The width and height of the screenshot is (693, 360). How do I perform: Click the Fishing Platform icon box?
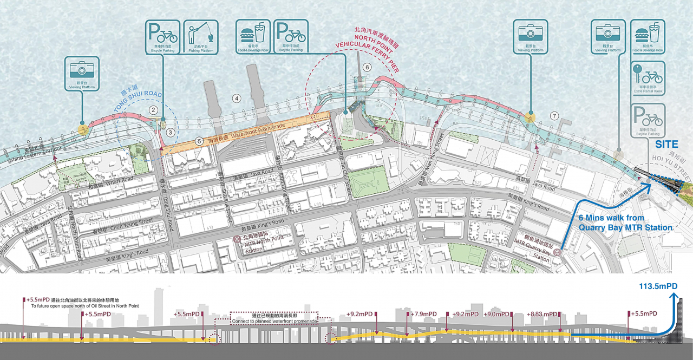point(200,37)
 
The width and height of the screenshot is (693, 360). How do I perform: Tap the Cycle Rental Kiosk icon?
point(648,78)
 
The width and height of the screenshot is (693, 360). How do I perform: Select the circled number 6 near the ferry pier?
point(367,68)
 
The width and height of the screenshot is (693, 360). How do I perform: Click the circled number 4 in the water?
point(236,99)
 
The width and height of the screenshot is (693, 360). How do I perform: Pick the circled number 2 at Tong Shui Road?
point(153,110)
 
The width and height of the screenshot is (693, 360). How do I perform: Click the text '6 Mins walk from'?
point(611,218)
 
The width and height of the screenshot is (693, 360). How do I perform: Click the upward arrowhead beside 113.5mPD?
point(672,296)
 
